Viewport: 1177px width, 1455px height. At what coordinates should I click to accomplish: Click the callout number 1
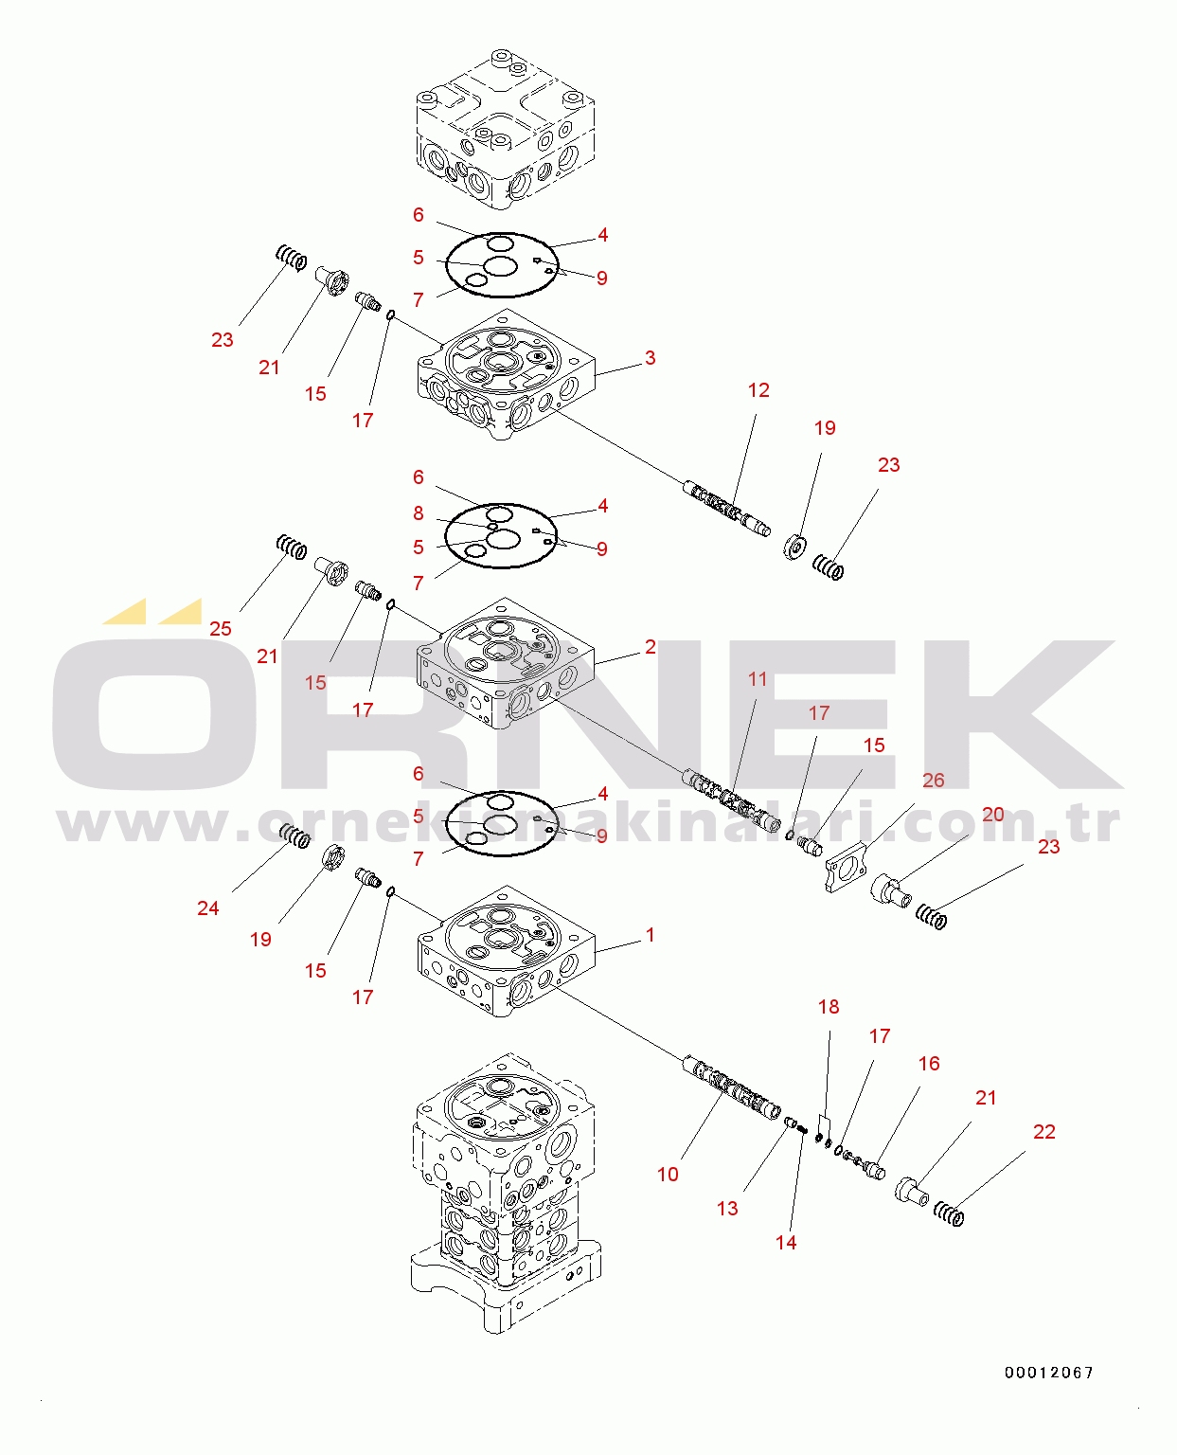coord(650,935)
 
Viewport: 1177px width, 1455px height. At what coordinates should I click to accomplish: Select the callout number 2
coord(650,646)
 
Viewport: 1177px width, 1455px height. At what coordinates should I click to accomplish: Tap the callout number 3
coord(650,357)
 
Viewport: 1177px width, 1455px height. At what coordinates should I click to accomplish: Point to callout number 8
coord(419,513)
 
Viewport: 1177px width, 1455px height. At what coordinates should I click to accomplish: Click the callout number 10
coord(668,1175)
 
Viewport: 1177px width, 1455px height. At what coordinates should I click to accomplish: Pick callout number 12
coord(758,390)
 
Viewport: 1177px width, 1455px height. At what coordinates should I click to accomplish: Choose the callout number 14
coord(786,1242)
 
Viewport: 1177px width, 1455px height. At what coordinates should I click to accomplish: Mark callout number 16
coord(929,1064)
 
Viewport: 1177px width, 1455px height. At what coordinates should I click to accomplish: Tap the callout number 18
coord(829,1006)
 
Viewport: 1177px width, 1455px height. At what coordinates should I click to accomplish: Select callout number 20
coord(993,815)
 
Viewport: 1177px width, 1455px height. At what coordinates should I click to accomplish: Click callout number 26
coord(934,781)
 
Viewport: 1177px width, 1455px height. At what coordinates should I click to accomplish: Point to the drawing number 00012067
coord(1048,1373)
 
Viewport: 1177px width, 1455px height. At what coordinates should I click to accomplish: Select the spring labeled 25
coord(292,548)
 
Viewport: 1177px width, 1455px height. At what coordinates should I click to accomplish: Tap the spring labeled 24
coord(295,836)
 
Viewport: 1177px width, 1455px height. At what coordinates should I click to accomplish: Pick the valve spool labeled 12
coord(727,510)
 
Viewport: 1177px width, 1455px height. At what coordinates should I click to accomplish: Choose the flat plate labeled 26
coord(846,867)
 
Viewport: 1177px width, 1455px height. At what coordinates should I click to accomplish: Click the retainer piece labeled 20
coord(891,890)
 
